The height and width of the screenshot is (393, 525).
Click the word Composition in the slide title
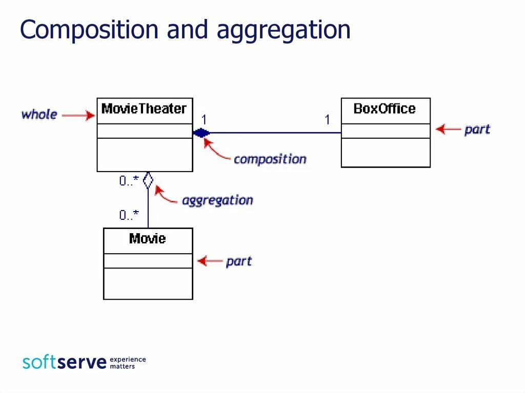point(89,30)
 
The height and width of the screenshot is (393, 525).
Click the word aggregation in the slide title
point(284,31)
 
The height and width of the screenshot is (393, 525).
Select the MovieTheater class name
point(144,109)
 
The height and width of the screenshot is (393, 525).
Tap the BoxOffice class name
point(385,109)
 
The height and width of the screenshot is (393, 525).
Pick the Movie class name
point(148,239)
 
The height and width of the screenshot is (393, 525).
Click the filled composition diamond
point(201,133)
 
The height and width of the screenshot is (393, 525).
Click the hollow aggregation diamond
point(148,180)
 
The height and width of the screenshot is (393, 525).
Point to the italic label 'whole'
point(39,114)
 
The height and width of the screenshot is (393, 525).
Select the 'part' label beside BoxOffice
point(477,130)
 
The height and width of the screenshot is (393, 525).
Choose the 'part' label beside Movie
point(239,261)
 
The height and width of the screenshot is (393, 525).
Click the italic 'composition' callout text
point(270,159)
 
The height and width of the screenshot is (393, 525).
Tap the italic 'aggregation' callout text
point(217,200)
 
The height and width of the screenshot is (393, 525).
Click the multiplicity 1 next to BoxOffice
point(327,120)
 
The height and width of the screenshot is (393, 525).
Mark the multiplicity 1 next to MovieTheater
point(204,120)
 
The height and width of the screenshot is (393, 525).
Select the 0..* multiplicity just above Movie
point(129,216)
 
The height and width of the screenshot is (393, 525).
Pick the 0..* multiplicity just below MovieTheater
point(129,181)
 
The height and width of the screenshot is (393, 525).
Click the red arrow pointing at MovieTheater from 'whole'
point(78,116)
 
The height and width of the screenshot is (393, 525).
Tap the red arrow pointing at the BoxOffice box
point(448,129)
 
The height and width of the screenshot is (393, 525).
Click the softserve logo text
point(65,362)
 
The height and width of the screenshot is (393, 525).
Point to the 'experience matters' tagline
point(128,363)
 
